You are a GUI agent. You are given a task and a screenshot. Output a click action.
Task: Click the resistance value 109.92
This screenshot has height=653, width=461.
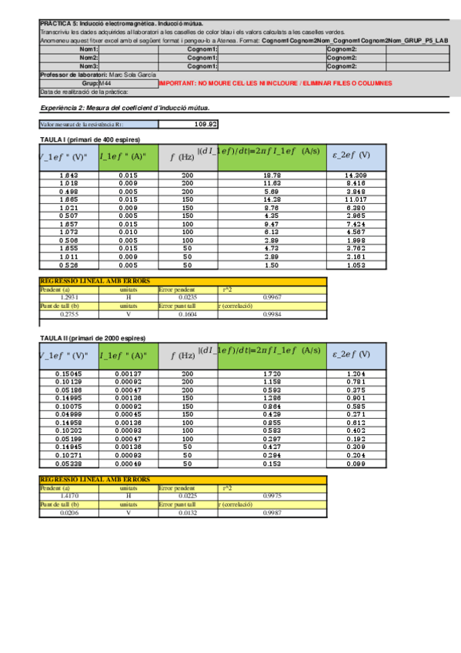point(206,123)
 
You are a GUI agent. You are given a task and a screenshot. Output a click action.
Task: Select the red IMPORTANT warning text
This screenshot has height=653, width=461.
point(275,82)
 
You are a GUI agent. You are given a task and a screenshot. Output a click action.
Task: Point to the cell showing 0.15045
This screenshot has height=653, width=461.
point(69,373)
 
